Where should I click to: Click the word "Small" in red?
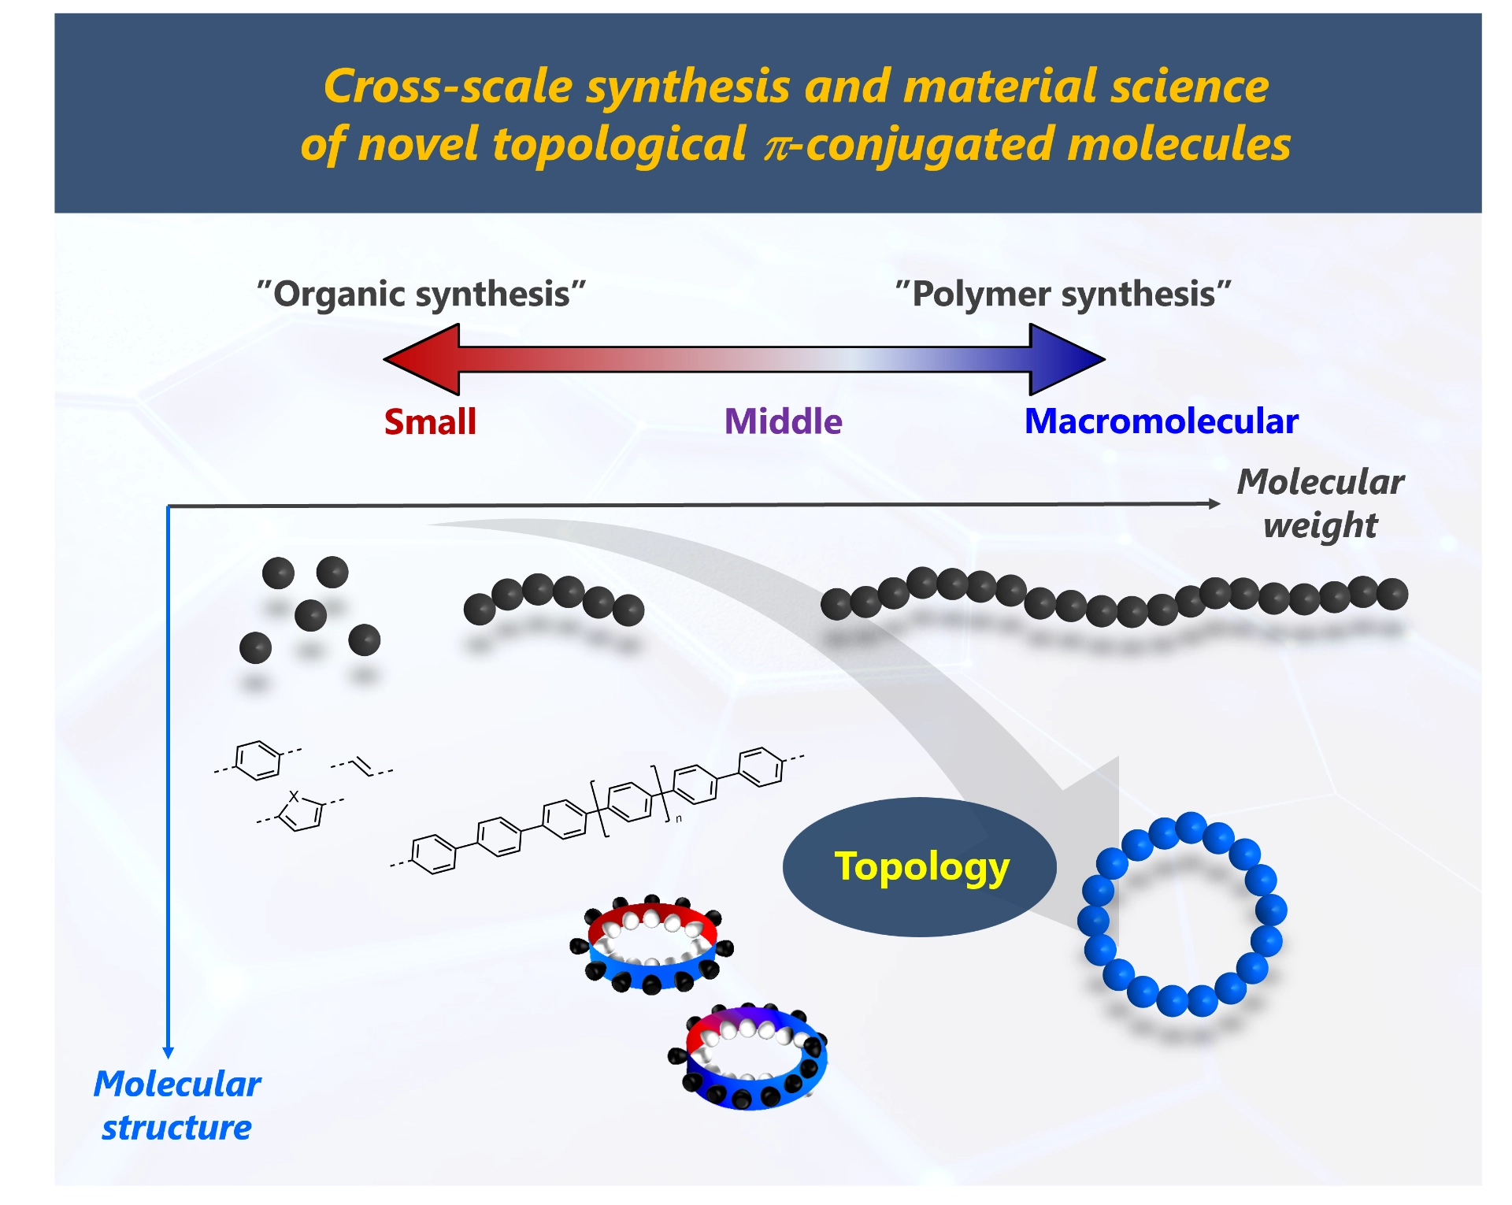pos(430,421)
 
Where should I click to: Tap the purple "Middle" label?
pos(783,421)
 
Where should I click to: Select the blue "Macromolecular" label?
pos(1161,421)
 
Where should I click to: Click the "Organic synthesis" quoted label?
pos(421,294)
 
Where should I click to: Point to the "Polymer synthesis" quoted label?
pos(1063,294)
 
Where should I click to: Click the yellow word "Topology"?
pos(921,866)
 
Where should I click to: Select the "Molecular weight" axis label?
pos(1320,502)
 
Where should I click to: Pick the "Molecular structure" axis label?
pos(177,1105)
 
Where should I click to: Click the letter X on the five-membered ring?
pos(295,796)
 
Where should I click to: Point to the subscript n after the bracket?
pos(679,819)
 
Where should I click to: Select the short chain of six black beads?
pos(554,598)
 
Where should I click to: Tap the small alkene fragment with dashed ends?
pos(361,766)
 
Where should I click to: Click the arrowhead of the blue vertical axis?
pos(168,1052)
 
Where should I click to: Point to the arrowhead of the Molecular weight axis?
pos(1214,503)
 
